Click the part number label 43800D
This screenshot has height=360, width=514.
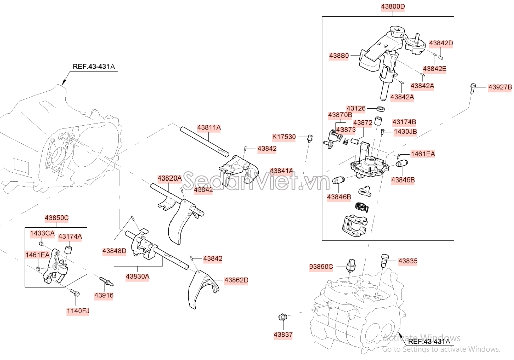pos(393,7)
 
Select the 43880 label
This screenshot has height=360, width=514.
pos(339,56)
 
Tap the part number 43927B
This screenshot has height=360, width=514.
pos(500,88)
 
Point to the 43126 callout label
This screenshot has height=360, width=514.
pos(356,108)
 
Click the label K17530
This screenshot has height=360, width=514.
pos(284,136)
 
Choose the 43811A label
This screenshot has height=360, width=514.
pos(209,128)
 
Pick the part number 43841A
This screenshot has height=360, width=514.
pos(281,171)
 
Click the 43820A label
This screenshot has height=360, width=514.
pos(169,178)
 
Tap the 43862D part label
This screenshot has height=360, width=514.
pos(236,280)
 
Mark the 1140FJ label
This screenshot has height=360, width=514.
pos(78,311)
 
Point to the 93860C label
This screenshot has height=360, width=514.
pos(321,267)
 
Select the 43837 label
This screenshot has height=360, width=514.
pos(283,334)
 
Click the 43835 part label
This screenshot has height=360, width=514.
pos(408,261)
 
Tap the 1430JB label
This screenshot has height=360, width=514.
pos(405,132)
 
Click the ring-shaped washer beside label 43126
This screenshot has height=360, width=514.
pos(381,108)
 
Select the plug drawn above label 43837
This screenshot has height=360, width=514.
pos(282,317)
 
